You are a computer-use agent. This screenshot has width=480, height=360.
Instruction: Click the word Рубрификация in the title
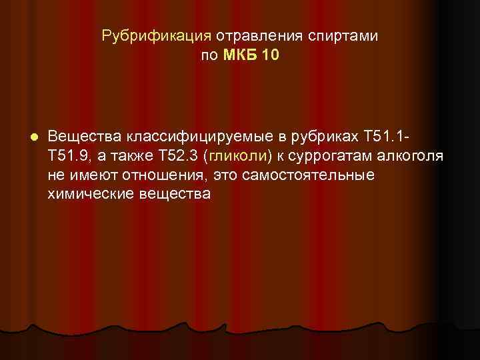pyautogui.click(x=156, y=35)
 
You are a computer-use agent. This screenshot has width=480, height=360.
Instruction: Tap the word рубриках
pyautogui.click(x=325, y=137)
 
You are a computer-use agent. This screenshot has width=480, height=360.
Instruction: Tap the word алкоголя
pyautogui.click(x=409, y=156)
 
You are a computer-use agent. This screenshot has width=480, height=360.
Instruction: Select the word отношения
pyautogui.click(x=157, y=175)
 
